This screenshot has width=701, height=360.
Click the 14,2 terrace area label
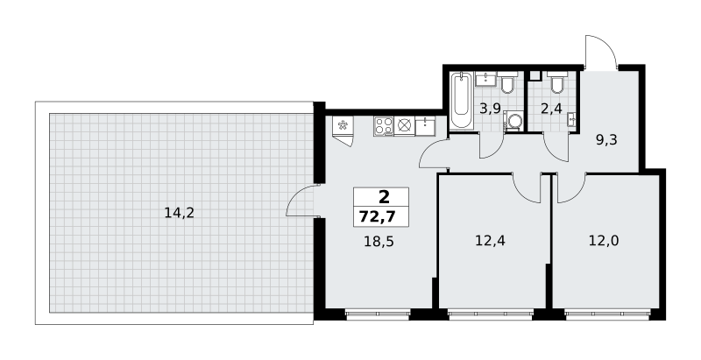click(180, 213)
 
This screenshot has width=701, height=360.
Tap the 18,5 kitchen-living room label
click(381, 242)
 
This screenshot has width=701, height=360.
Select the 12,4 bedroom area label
click(490, 241)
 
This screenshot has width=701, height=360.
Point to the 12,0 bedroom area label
click(604, 241)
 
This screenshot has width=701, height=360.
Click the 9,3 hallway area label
click(606, 140)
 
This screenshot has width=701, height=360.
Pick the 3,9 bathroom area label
click(490, 109)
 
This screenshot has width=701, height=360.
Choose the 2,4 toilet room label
click(551, 109)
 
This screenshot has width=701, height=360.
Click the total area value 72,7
click(378, 217)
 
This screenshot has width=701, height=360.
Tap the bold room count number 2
click(384, 197)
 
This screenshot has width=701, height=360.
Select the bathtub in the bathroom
click(461, 101)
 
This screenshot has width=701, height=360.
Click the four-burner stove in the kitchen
click(384, 126)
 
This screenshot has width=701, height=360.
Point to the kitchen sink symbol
click(425, 126)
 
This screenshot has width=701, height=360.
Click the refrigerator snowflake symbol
click(343, 125)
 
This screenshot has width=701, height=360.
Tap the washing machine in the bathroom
click(514, 121)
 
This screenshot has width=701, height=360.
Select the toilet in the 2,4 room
click(556, 82)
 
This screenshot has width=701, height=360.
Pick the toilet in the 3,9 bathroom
click(507, 82)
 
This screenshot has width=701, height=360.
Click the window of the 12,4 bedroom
click(491, 314)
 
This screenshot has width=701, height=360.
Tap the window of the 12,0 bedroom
click(607, 314)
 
